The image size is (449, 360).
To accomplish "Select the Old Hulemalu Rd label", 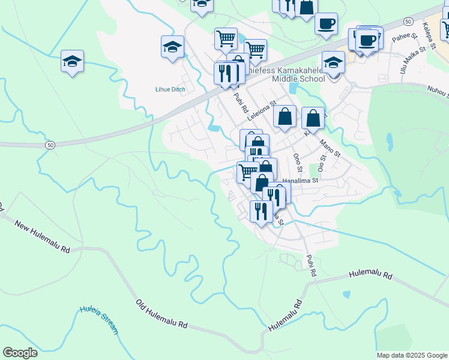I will pyautogui.click(x=161, y=314).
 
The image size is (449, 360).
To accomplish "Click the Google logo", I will pyautogui.click(x=20, y=353).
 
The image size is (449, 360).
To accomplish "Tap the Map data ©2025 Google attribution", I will pyautogui.click(x=412, y=355).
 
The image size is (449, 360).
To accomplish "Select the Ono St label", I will pyautogui.click(x=297, y=161).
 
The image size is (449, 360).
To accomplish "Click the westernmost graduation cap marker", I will pyautogui.click(x=72, y=62).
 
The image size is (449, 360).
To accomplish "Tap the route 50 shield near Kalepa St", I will pyautogui.click(x=408, y=22).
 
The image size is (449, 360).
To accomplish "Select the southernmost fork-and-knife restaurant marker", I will pyautogui.click(x=261, y=211).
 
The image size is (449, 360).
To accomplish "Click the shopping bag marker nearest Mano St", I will pyautogui.click(x=313, y=118).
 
